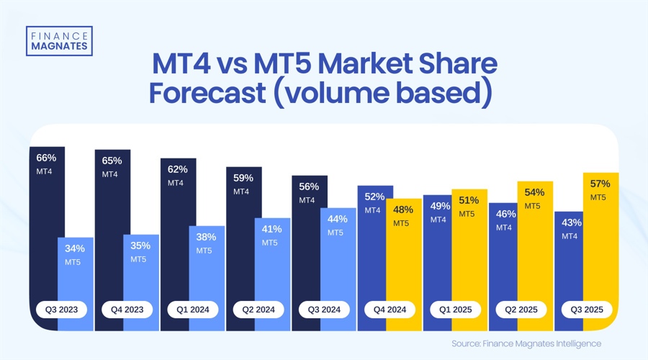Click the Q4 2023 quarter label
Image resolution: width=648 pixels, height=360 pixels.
pyautogui.click(x=127, y=310)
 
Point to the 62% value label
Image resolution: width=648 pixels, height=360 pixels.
pyautogui.click(x=177, y=169)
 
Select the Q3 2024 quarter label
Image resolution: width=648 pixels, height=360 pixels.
pyautogui.click(x=324, y=310)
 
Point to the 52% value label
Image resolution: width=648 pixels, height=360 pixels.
pyautogui.click(x=374, y=196)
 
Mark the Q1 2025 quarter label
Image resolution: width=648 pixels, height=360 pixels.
pyautogui.click(x=455, y=310)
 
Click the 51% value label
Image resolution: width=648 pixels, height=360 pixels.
pyautogui.click(x=469, y=200)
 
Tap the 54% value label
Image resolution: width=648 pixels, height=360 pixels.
pyautogui.click(x=535, y=192)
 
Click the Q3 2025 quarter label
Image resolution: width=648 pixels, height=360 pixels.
pyautogui.click(x=587, y=310)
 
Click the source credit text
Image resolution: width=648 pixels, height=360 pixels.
pyautogui.click(x=526, y=343)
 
